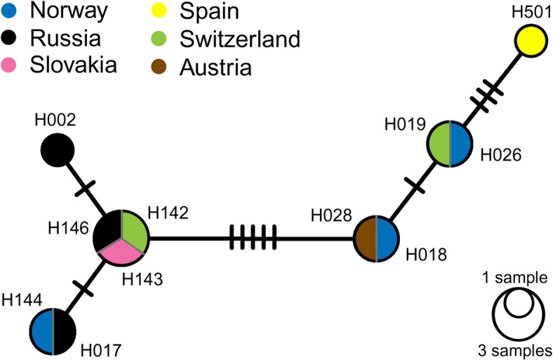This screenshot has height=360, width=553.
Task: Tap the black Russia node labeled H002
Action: [x=58, y=149]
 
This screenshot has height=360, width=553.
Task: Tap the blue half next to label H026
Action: [x=460, y=145]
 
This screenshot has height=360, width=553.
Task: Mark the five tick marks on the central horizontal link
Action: [x=253, y=239]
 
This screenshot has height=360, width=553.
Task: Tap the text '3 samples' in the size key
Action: [x=521, y=349]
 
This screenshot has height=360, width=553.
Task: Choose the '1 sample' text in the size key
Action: [x=521, y=279]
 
